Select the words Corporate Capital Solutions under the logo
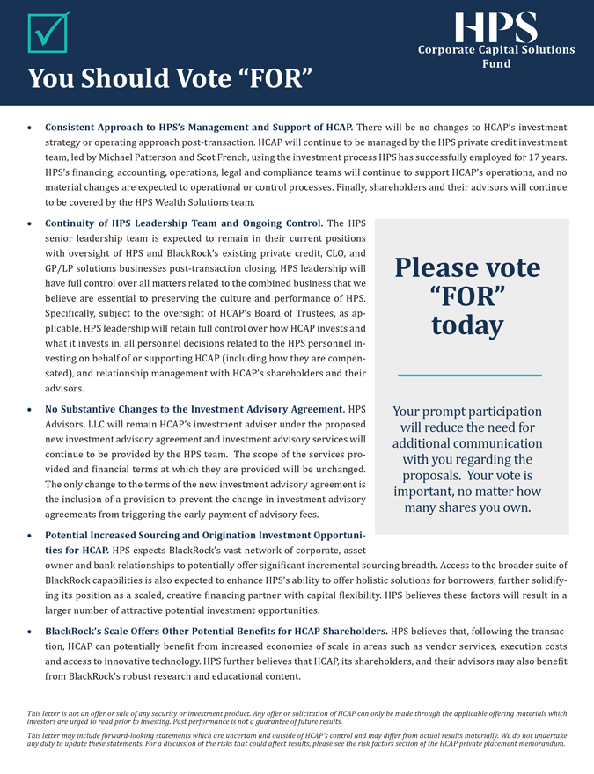pyautogui.click(x=496, y=50)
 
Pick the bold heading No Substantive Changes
pyautogui.click(x=194, y=409)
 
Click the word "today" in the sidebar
pyautogui.click(x=468, y=325)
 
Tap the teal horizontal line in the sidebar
pyautogui.click(x=469, y=376)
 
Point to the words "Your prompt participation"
pyautogui.click(x=467, y=412)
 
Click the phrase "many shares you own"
pyautogui.click(x=467, y=507)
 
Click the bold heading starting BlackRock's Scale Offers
pyautogui.click(x=216, y=632)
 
